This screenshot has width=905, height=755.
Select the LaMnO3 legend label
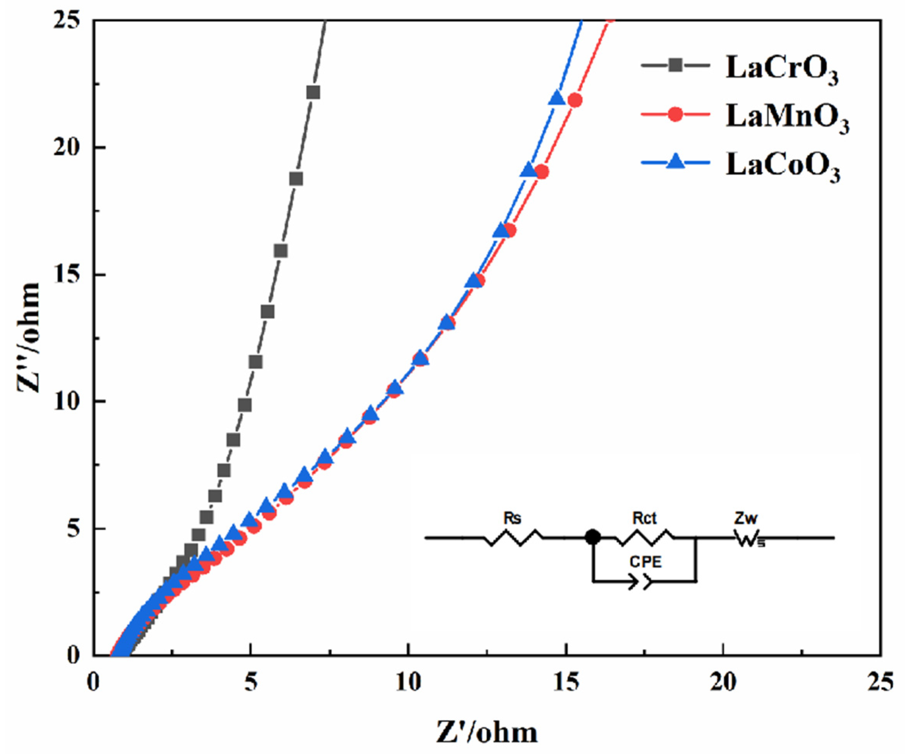787,118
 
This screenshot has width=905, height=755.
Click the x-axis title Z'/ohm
487,732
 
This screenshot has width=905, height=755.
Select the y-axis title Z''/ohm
29,338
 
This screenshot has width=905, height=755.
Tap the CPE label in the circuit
645,562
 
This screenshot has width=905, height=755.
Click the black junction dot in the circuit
593,537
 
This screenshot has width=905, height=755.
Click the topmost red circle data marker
575,100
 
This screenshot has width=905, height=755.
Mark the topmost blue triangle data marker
557,98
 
